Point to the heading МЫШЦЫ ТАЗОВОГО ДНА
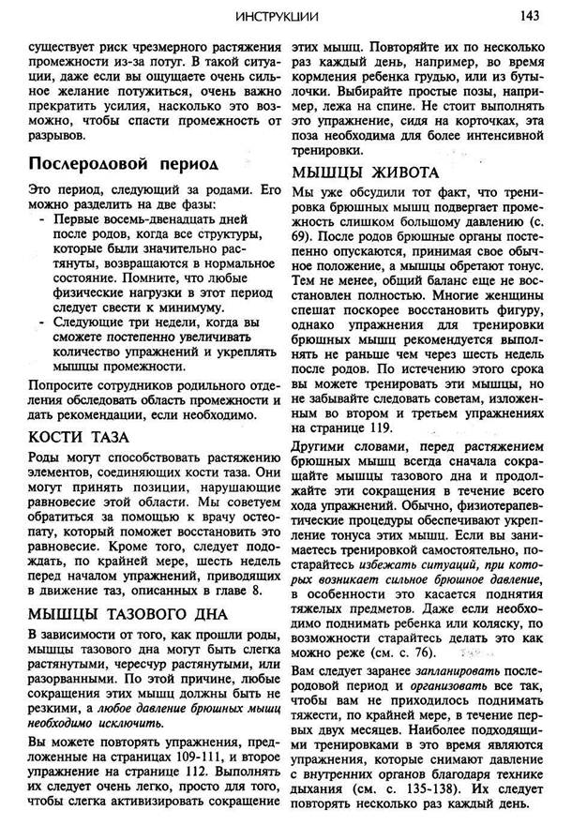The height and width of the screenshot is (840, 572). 128,615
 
